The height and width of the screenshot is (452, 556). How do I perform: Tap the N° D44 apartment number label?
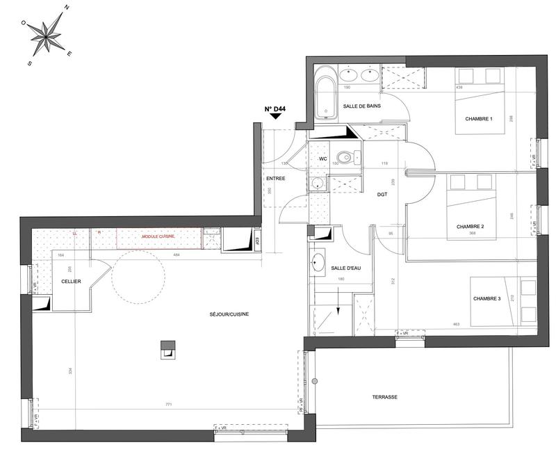[275, 108]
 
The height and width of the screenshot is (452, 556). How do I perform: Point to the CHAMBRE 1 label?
[478, 118]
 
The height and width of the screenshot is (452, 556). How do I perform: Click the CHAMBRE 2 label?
[470, 227]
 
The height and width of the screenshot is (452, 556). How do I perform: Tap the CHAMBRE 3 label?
[486, 298]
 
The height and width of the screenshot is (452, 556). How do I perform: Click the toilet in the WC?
[344, 157]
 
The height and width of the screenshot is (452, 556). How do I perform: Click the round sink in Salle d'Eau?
[320, 263]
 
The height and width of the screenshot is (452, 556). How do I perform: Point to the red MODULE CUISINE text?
[158, 236]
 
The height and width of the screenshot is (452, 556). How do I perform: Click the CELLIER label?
[70, 281]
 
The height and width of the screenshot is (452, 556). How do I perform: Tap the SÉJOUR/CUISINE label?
[229, 314]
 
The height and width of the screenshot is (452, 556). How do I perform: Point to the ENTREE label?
[276, 179]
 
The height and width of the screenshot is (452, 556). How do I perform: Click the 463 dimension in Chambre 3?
[456, 324]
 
